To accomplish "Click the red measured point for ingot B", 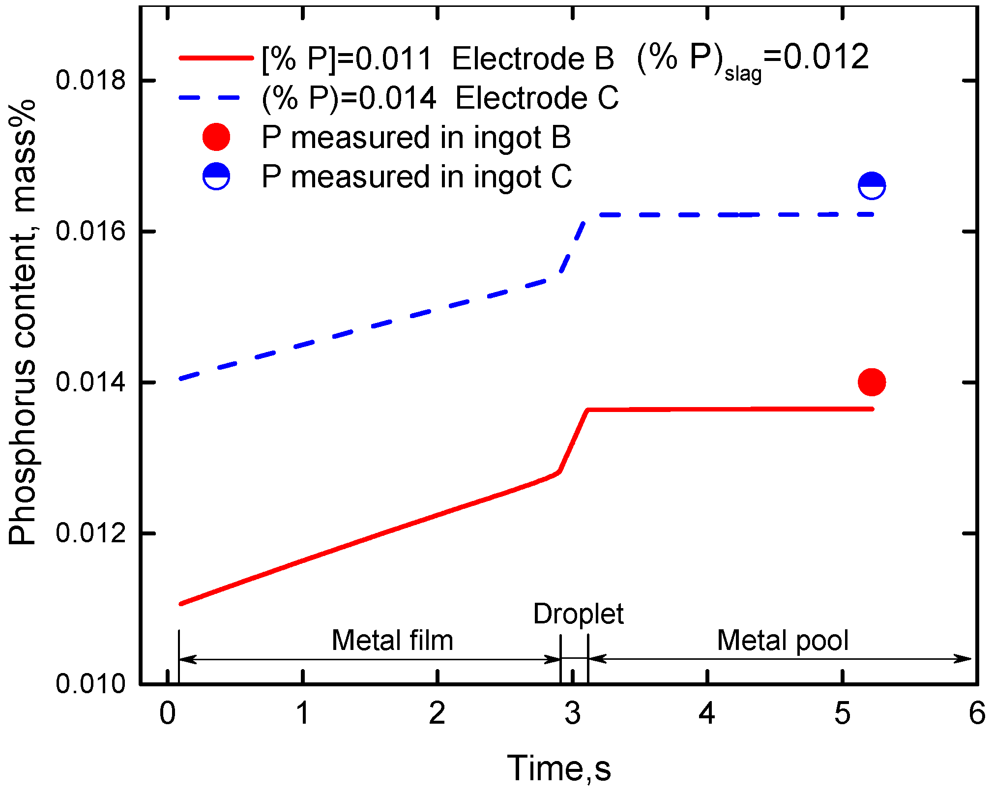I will tap(872, 382).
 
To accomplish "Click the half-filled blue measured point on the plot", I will tap(872, 186).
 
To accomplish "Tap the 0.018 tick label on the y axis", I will tap(91, 80).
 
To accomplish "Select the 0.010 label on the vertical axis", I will tap(91, 683).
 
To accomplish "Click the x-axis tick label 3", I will tap(572, 713).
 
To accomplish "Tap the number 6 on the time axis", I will tap(977, 713).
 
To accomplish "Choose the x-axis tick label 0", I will tap(168, 713).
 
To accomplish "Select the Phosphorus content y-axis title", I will tap(23, 322).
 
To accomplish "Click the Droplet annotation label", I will tap(578, 614).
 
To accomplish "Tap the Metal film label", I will tap(392, 640).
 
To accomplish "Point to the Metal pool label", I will tap(782, 640).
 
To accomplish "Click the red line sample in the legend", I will tap(216, 58).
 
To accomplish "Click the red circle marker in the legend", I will tap(216, 137).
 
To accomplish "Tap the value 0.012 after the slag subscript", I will tap(826, 57).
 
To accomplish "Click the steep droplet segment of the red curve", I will tap(573, 441).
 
